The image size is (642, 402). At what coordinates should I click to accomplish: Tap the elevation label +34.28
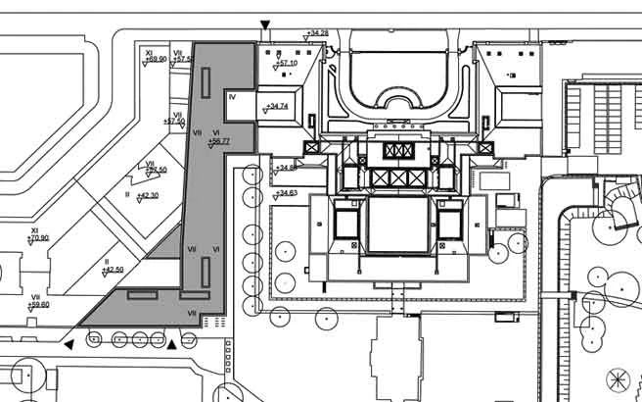coord(317,33)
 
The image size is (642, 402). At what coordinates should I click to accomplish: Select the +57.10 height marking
coord(287,64)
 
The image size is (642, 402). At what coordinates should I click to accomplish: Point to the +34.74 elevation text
coord(277,106)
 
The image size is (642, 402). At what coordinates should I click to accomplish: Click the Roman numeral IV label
coord(233,97)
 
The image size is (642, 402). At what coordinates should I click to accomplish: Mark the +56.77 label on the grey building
coord(219,141)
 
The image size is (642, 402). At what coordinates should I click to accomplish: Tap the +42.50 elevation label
coord(114,270)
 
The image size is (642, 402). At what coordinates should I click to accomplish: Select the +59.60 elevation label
coord(39,305)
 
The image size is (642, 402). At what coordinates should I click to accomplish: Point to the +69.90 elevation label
coord(156,59)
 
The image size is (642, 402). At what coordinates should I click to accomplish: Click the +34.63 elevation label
coord(287,193)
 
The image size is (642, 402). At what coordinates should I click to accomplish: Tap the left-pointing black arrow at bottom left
coord(68,345)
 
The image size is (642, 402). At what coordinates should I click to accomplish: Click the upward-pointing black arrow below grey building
coord(172,344)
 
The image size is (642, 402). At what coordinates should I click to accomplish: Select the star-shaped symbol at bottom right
coord(618,377)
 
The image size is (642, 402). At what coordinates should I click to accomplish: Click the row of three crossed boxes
coord(398,150)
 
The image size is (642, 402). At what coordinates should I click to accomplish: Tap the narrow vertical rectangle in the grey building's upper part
coord(206,82)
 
